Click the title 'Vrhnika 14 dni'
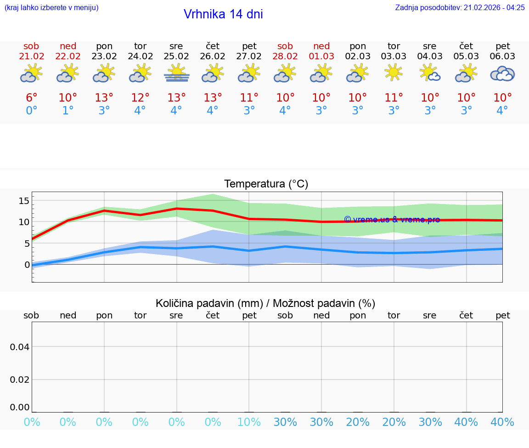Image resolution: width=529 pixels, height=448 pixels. [x=223, y=14]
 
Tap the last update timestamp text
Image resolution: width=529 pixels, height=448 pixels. [x=460, y=7]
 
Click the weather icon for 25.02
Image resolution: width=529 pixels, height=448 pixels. [x=176, y=74]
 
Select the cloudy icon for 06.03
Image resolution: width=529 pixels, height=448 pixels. [x=502, y=74]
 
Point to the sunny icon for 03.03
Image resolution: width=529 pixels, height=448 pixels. [x=394, y=73]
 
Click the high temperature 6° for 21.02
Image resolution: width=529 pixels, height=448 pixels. [x=31, y=97]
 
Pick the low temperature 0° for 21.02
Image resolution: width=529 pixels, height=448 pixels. [x=31, y=110]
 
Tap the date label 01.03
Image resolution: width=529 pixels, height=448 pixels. [x=321, y=57]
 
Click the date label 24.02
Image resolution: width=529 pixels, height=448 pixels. [x=140, y=57]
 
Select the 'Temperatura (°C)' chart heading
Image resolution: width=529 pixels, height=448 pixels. [x=266, y=184]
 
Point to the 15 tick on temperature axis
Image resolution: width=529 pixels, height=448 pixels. [x=24, y=200]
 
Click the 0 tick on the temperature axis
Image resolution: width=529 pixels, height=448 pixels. [x=27, y=264]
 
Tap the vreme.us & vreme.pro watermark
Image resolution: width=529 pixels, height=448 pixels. [x=392, y=220]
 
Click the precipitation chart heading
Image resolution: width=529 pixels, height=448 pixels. [x=265, y=303]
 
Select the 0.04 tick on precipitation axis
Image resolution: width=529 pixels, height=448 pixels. [x=20, y=346]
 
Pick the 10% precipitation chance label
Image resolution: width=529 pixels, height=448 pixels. [x=249, y=422]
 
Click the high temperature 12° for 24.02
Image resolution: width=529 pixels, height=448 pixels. [x=140, y=97]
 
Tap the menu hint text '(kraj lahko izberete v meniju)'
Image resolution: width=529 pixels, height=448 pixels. [x=51, y=7]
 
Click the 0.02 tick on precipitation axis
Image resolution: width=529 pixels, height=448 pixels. [x=20, y=379]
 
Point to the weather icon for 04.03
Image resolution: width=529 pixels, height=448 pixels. [x=430, y=74]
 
